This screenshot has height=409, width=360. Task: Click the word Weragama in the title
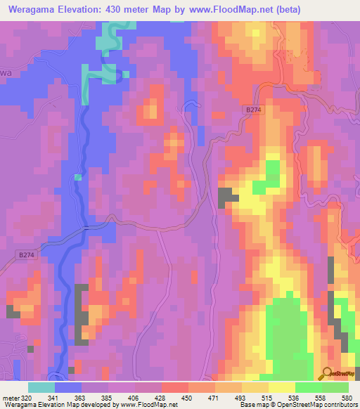tap(34, 9)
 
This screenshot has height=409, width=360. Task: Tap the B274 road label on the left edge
tap(24, 257)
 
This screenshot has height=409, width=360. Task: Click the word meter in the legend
tap(11, 397)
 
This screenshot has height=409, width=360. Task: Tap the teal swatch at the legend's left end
tap(41, 387)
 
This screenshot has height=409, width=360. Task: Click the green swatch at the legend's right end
tap(335, 387)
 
